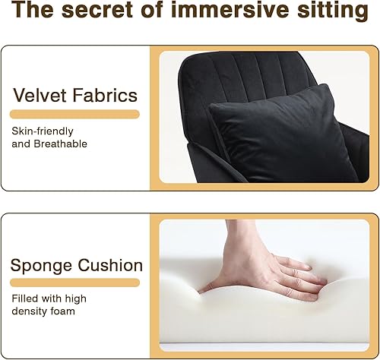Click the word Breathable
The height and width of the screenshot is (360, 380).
(x=60, y=144)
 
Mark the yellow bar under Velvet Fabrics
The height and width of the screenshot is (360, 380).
(x=74, y=114)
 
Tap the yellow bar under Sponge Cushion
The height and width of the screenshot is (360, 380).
(x=74, y=283)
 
